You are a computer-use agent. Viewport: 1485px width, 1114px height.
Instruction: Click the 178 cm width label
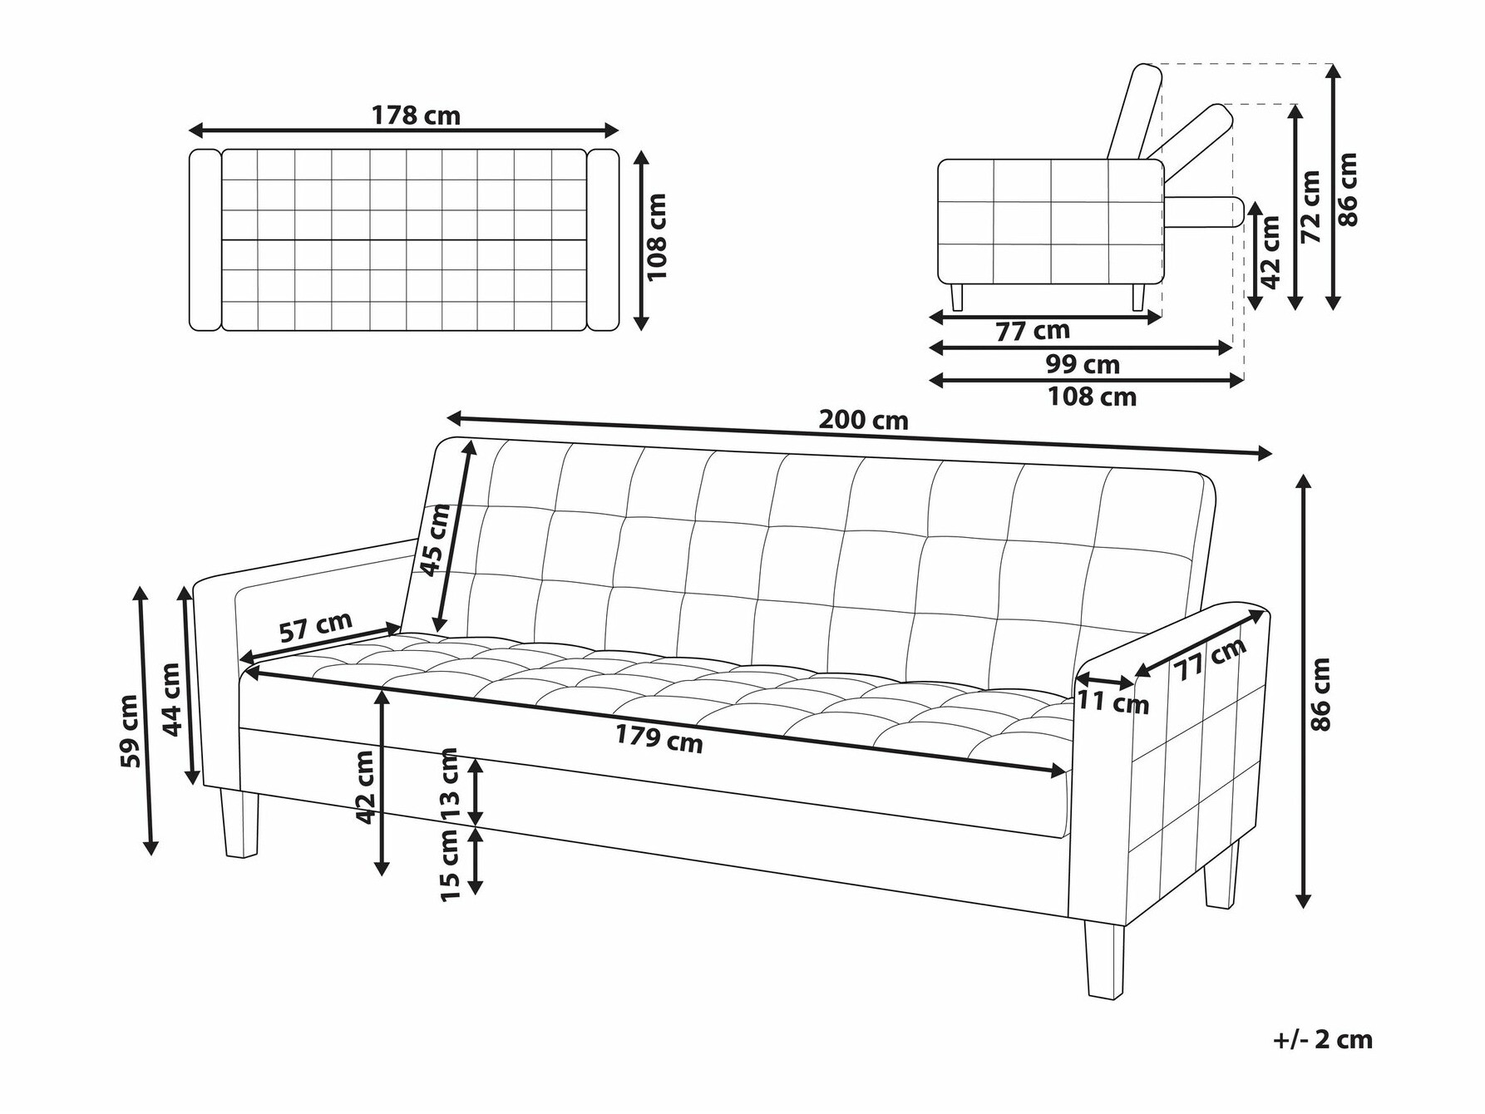point(416,115)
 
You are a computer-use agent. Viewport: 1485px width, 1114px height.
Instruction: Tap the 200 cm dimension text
point(863,420)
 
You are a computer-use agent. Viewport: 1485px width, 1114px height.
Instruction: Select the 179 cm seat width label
point(659,737)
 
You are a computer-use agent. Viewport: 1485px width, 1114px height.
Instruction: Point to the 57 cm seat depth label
point(315,626)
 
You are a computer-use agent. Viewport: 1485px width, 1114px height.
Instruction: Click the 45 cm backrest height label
point(435,540)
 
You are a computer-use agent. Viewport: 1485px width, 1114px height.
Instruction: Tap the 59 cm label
point(129,732)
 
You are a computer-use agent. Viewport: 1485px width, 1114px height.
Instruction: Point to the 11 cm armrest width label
point(1113,702)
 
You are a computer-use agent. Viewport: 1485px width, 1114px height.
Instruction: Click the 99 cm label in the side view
point(1083,364)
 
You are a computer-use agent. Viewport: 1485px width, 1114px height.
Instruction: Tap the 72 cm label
point(1311,207)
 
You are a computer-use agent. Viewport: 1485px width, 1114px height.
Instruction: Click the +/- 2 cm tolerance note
point(1323,1039)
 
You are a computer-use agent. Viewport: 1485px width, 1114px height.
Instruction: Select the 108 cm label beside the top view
point(657,237)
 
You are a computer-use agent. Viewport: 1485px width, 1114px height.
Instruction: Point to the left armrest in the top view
point(205,239)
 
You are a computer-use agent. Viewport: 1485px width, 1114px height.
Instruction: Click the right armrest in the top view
point(604,239)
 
